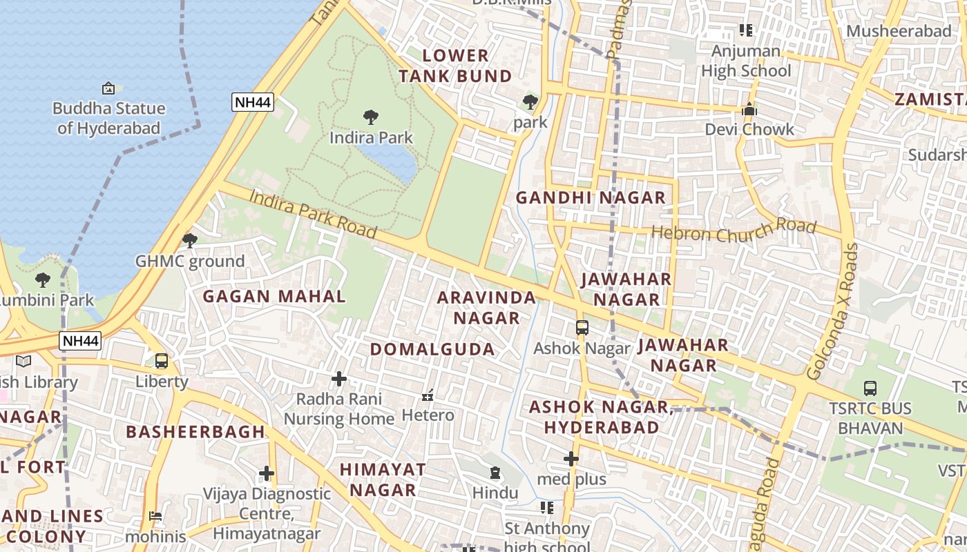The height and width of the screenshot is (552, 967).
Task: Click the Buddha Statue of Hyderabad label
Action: tap(108, 118)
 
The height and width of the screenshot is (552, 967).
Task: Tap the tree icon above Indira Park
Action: tap(371, 117)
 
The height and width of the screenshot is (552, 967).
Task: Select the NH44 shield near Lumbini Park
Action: tap(81, 340)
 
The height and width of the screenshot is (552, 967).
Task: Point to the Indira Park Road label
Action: tap(312, 214)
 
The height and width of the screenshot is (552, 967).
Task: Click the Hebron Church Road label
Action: tap(734, 231)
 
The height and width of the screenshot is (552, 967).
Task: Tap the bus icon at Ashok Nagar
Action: tap(582, 328)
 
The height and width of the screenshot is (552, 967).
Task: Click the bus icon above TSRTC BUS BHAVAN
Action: tap(870, 388)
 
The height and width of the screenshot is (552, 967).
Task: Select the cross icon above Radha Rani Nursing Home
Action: tap(339, 379)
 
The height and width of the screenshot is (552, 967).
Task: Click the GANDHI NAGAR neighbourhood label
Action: tap(591, 198)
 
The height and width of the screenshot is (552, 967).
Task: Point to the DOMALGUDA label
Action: tap(432, 349)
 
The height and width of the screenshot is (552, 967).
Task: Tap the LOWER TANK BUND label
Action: tap(455, 66)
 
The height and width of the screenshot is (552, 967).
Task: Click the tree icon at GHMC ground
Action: tap(189, 241)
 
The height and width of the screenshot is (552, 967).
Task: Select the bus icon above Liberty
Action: tap(162, 361)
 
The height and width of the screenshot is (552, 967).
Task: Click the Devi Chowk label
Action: tap(749, 129)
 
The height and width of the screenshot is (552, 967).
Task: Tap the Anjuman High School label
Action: tap(746, 61)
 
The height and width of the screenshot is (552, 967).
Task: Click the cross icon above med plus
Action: tap(571, 459)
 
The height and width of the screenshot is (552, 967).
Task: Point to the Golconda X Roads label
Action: tap(832, 311)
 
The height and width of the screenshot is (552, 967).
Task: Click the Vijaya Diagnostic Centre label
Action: tap(267, 513)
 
